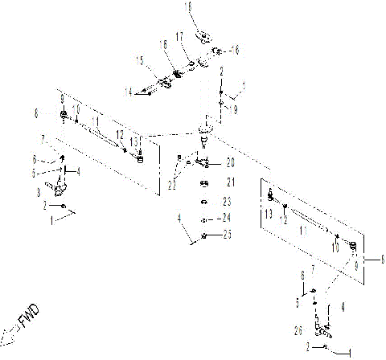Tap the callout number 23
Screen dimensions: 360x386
click(x=227, y=201)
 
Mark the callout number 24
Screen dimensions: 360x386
click(x=227, y=218)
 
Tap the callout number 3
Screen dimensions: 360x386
click(x=38, y=194)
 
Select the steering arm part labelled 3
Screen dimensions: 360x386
click(x=55, y=189)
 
